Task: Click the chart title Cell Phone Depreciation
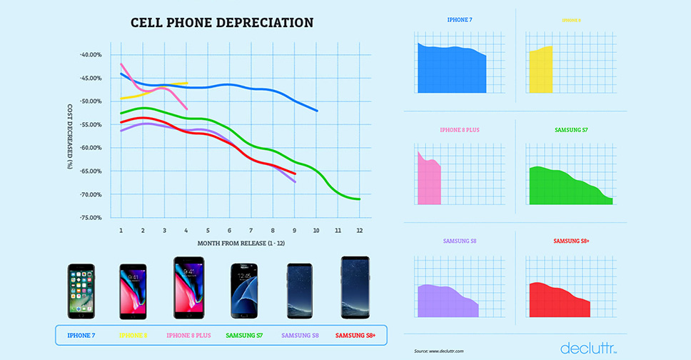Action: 222,23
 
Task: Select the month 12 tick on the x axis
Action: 359,231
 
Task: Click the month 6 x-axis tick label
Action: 229,231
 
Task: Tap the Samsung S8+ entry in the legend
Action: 356,335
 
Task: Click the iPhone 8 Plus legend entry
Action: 189,335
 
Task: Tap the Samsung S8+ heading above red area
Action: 568,241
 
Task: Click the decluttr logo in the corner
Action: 588,348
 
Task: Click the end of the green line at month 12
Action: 359,199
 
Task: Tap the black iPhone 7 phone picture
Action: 81,291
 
